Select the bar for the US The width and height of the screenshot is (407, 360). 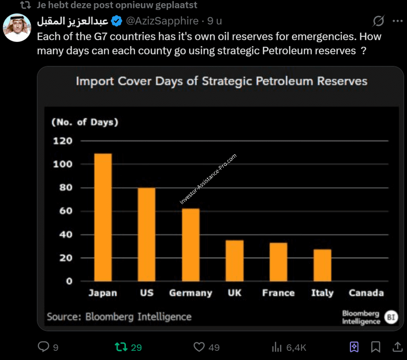point(147,234)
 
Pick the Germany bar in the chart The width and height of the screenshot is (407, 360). point(191,245)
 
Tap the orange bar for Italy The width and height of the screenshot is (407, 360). point(322,265)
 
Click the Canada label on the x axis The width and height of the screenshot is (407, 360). point(366,293)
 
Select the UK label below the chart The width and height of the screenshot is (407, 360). point(235,293)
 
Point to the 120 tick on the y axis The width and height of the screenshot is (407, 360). point(63,141)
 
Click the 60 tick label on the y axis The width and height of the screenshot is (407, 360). point(63,211)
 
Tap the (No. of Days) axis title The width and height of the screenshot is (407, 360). point(85,122)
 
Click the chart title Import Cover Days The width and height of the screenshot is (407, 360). point(221,82)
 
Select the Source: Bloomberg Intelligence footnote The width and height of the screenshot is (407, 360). point(119,317)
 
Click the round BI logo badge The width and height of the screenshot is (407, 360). point(391,317)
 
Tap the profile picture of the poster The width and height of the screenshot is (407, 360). point(17,28)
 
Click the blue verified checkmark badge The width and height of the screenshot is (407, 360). point(116,21)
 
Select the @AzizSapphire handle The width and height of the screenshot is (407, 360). point(162,21)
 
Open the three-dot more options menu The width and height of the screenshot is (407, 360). point(397,21)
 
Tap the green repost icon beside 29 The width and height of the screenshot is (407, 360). point(121,347)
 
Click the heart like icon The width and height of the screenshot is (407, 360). point(199,347)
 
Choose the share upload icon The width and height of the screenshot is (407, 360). point(397,347)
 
